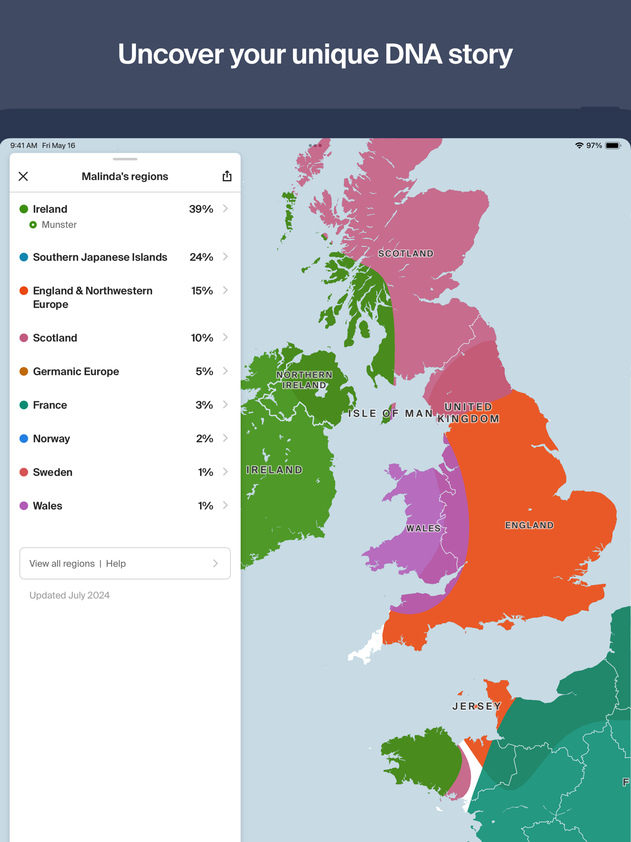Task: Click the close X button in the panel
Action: [23, 176]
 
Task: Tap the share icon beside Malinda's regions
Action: [227, 176]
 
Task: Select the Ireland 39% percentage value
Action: [201, 209]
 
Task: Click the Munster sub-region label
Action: [59, 225]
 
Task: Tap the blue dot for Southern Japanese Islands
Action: [23, 257]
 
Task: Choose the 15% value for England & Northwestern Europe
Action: [202, 291]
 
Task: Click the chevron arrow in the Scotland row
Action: [225, 338]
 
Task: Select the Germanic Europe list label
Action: [76, 372]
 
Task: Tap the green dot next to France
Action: [23, 405]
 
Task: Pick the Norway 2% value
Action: [204, 439]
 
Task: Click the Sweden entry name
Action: [52, 473]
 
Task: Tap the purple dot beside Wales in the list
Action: [23, 506]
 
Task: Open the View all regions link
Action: [62, 564]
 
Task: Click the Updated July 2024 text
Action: [69, 595]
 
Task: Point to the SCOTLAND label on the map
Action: [406, 253]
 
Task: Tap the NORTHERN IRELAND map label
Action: [304, 380]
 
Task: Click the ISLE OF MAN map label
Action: [390, 414]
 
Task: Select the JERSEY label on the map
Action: [476, 706]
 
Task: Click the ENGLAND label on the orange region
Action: [529, 525]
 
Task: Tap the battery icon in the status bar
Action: [612, 146]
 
